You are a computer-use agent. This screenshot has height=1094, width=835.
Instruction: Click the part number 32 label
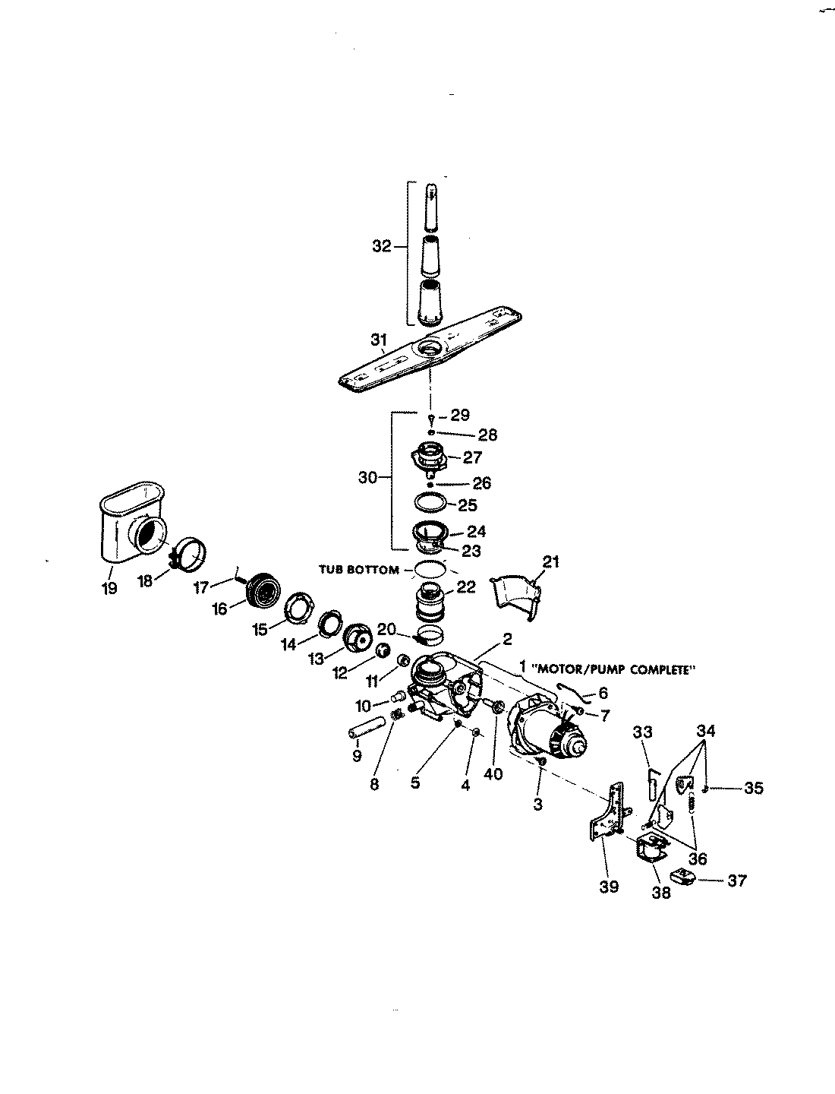click(x=381, y=246)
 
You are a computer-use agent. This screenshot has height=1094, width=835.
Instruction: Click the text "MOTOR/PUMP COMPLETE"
click(x=614, y=670)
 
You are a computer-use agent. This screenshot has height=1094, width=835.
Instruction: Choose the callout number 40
click(x=493, y=775)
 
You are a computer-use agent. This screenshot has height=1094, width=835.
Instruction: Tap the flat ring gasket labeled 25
click(x=430, y=503)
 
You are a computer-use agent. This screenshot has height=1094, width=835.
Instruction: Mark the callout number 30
click(x=367, y=478)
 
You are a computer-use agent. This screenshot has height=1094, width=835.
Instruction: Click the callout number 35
click(x=753, y=789)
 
